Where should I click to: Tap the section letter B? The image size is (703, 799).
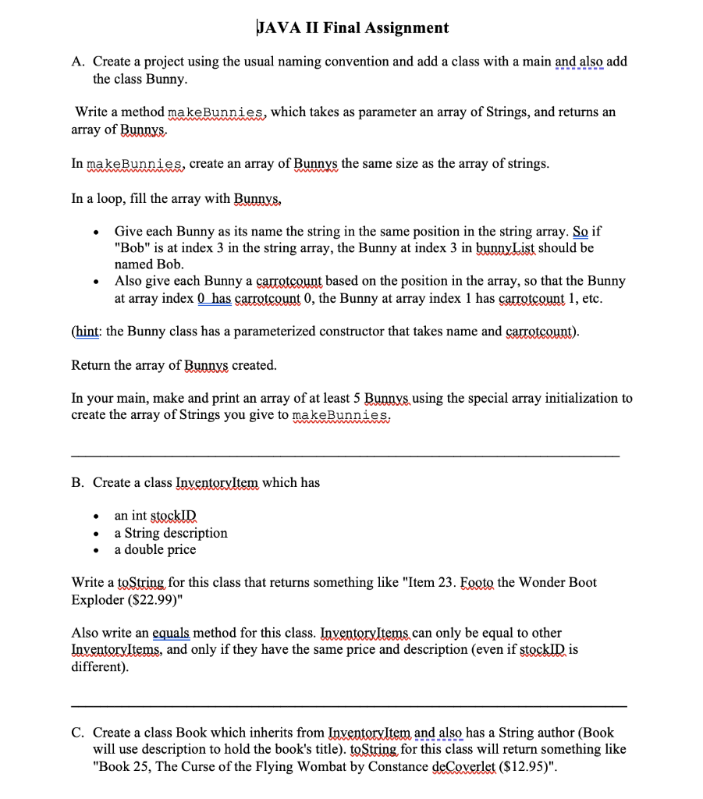(76, 482)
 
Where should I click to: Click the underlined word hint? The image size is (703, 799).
(87, 331)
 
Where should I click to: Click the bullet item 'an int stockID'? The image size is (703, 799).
(156, 516)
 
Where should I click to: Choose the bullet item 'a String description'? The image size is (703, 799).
(171, 533)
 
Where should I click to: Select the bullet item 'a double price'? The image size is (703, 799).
(155, 549)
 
